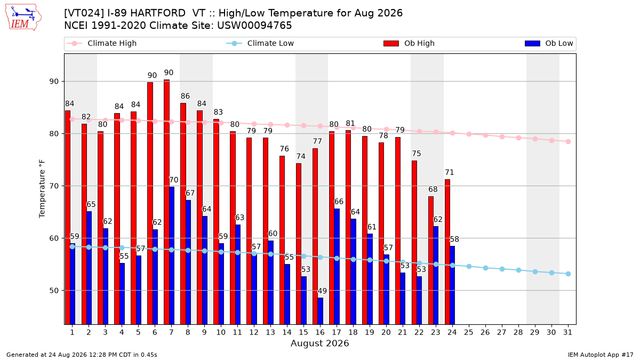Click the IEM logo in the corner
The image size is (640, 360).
pyautogui.click(x=23, y=18)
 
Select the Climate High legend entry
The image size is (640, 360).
pyautogui.click(x=101, y=43)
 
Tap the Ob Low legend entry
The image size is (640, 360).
pyautogui.click(x=549, y=43)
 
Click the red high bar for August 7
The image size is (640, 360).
pyautogui.click(x=166, y=202)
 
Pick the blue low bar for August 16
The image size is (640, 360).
pyautogui.click(x=321, y=311)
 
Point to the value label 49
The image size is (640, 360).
pyautogui.click(x=322, y=291)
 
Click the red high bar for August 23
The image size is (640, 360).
pyautogui.click(x=430, y=260)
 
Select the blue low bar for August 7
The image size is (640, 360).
pyautogui.click(x=172, y=255)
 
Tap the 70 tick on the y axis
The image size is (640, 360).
pyautogui.click(x=54, y=186)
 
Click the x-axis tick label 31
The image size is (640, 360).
pyautogui.click(x=567, y=332)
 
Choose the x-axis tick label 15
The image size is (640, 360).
pyautogui.click(x=303, y=332)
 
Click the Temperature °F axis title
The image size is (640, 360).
pyautogui.click(x=42, y=189)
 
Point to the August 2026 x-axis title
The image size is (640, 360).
pyautogui.click(x=319, y=343)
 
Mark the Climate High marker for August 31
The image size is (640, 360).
pyautogui.click(x=569, y=142)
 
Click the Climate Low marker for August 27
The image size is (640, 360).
pyautogui.click(x=502, y=269)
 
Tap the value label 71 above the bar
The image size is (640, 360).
pyautogui.click(x=450, y=173)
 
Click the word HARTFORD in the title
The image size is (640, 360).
pyautogui.click(x=158, y=13)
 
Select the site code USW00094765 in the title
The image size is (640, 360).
pyautogui.click(x=254, y=26)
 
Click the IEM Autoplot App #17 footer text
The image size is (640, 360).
pyautogui.click(x=601, y=355)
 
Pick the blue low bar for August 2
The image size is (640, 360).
pyautogui.click(x=89, y=268)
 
